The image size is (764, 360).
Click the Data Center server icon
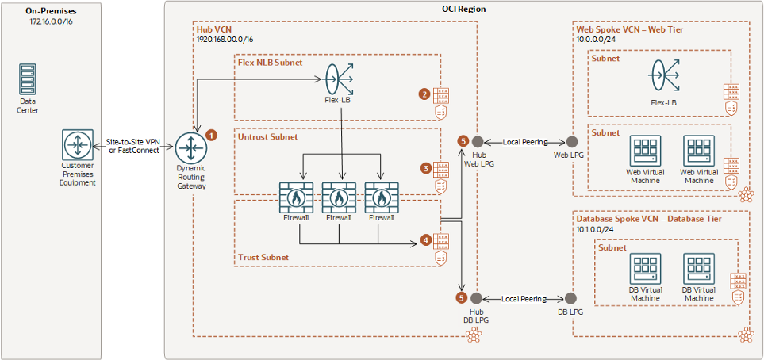[x=29, y=79]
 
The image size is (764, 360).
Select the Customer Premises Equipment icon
[x=78, y=144]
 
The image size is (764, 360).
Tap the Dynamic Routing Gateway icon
[x=191, y=147]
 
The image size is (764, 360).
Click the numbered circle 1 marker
[x=212, y=135]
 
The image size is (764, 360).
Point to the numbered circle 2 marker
[x=425, y=95]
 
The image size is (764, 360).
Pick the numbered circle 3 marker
[x=425, y=169]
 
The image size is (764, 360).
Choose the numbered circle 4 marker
[x=425, y=240]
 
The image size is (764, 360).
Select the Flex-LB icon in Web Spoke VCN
[x=663, y=75]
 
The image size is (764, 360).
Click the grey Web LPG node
[x=570, y=142]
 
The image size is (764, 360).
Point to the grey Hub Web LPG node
[x=478, y=141]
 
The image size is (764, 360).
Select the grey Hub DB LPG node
[x=477, y=297]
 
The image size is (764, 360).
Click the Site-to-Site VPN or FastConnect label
[x=133, y=146]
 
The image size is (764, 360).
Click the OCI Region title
[x=463, y=9]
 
